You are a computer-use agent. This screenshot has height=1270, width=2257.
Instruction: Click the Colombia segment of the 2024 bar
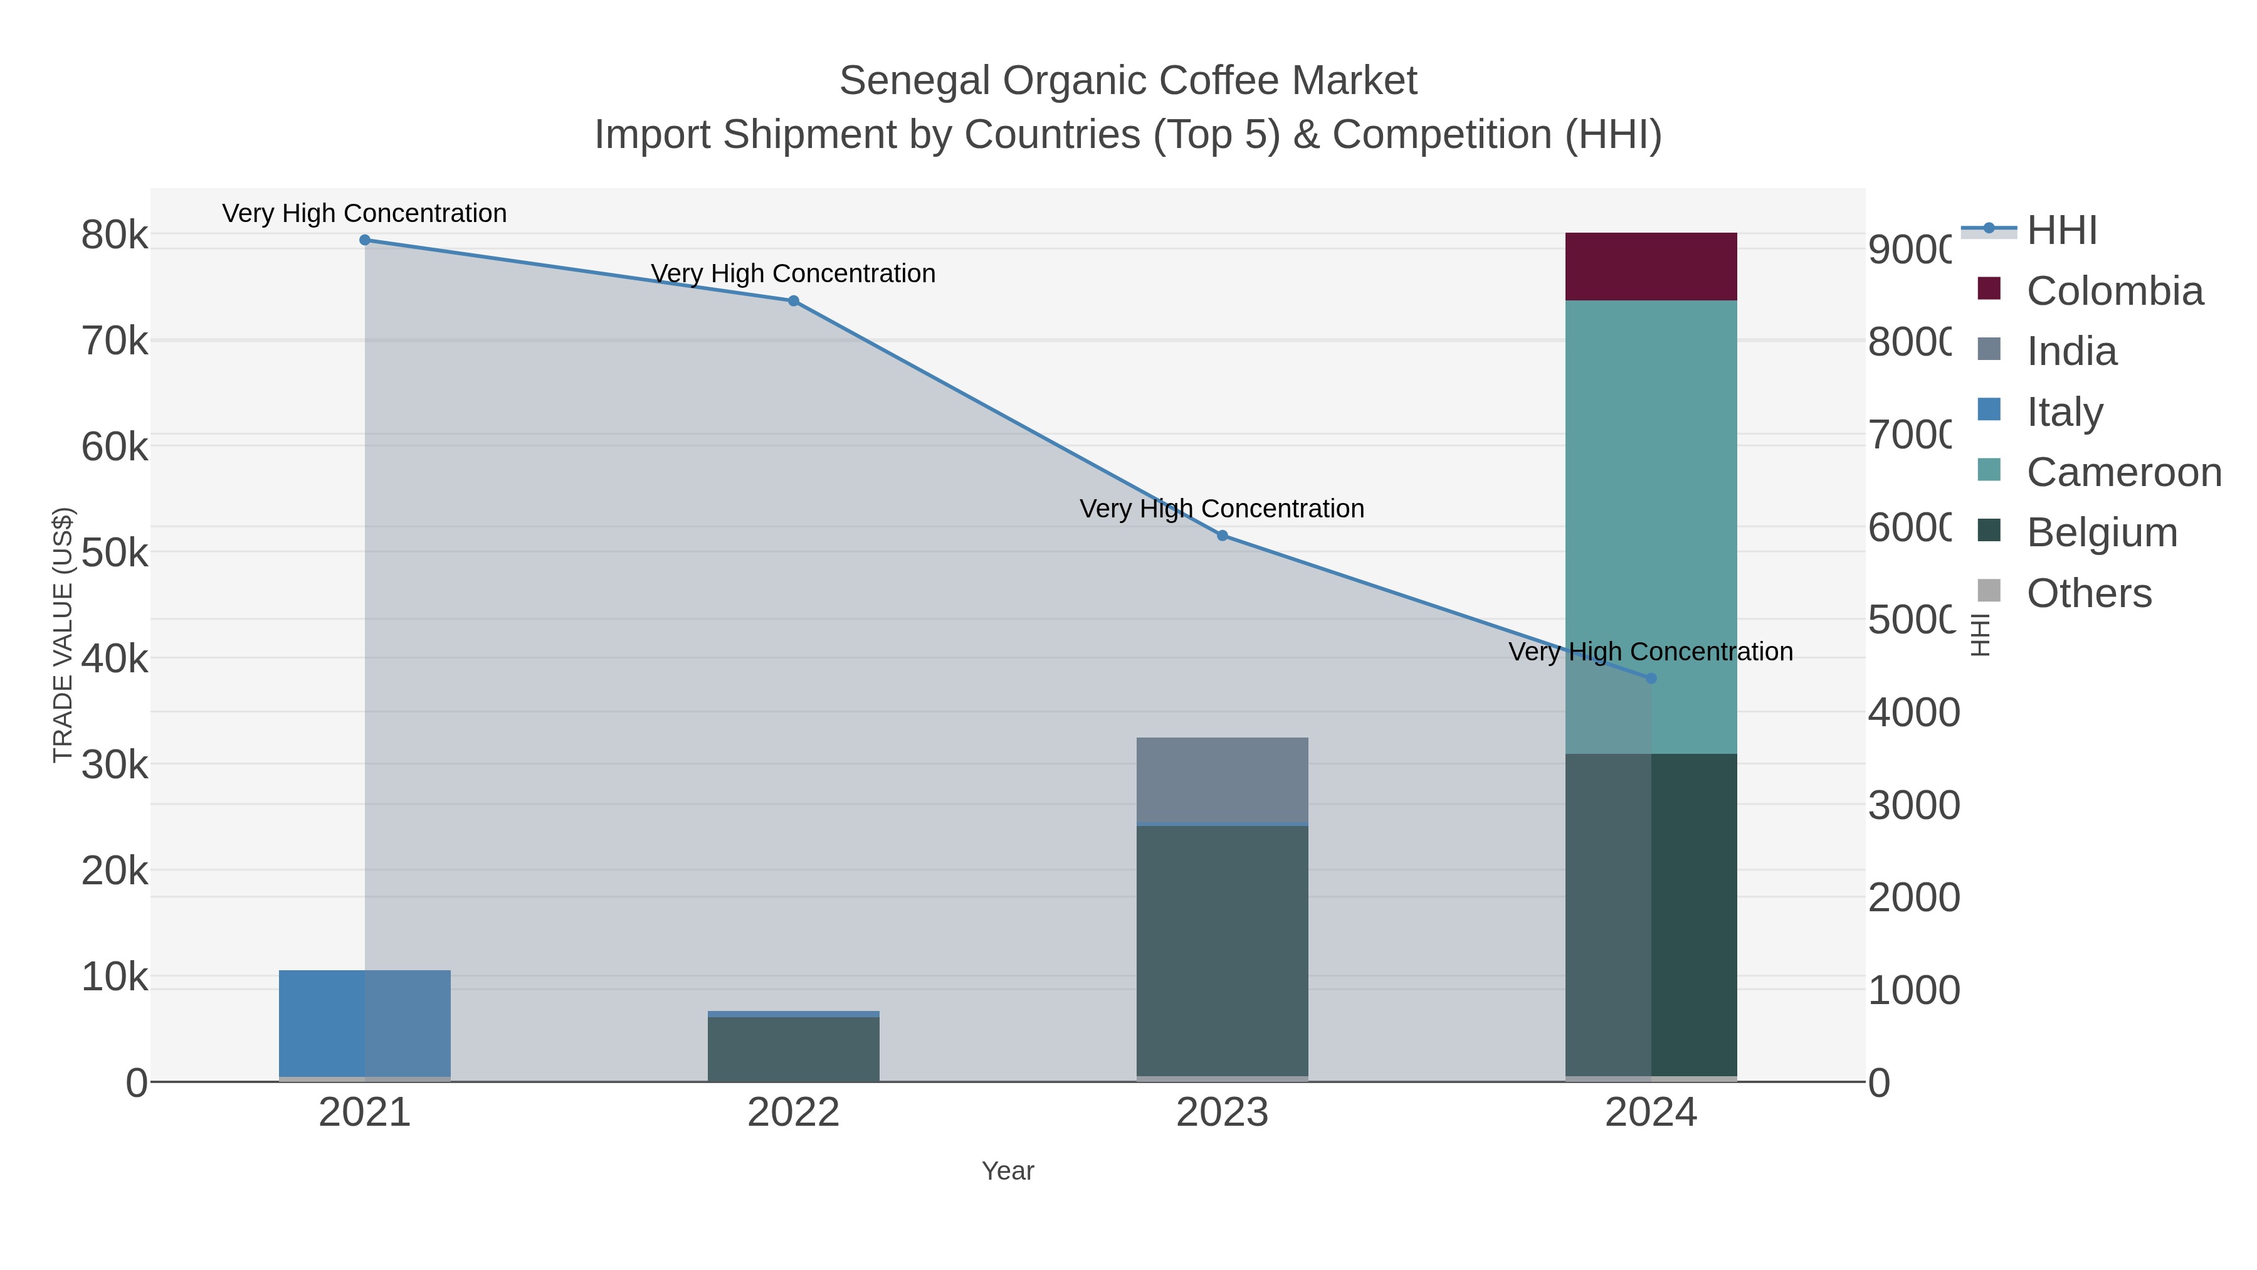(x=1651, y=267)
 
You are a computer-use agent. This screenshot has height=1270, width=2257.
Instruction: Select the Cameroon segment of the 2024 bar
(x=1651, y=526)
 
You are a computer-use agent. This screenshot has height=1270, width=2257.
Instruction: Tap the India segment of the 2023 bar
(x=1223, y=780)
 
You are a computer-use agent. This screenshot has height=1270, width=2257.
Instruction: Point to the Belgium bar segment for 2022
(x=793, y=1049)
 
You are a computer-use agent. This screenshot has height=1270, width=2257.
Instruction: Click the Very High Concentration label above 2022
(x=793, y=273)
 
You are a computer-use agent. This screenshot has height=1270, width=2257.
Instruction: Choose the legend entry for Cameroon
(x=2124, y=472)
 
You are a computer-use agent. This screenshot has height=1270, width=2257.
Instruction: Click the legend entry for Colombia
(x=2114, y=291)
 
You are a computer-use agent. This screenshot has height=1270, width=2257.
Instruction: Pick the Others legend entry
(x=2089, y=593)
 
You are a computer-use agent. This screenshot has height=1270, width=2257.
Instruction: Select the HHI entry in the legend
(x=2061, y=231)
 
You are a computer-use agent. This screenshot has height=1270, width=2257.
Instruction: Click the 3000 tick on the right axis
(x=1913, y=805)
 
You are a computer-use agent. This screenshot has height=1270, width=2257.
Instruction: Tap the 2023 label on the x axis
(x=1223, y=1112)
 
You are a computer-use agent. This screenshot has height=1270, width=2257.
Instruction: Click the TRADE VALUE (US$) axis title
(x=63, y=635)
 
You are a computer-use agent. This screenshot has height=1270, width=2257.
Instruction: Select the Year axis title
(x=1007, y=1171)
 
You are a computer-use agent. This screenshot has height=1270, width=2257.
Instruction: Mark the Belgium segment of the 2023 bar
(x=1223, y=951)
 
